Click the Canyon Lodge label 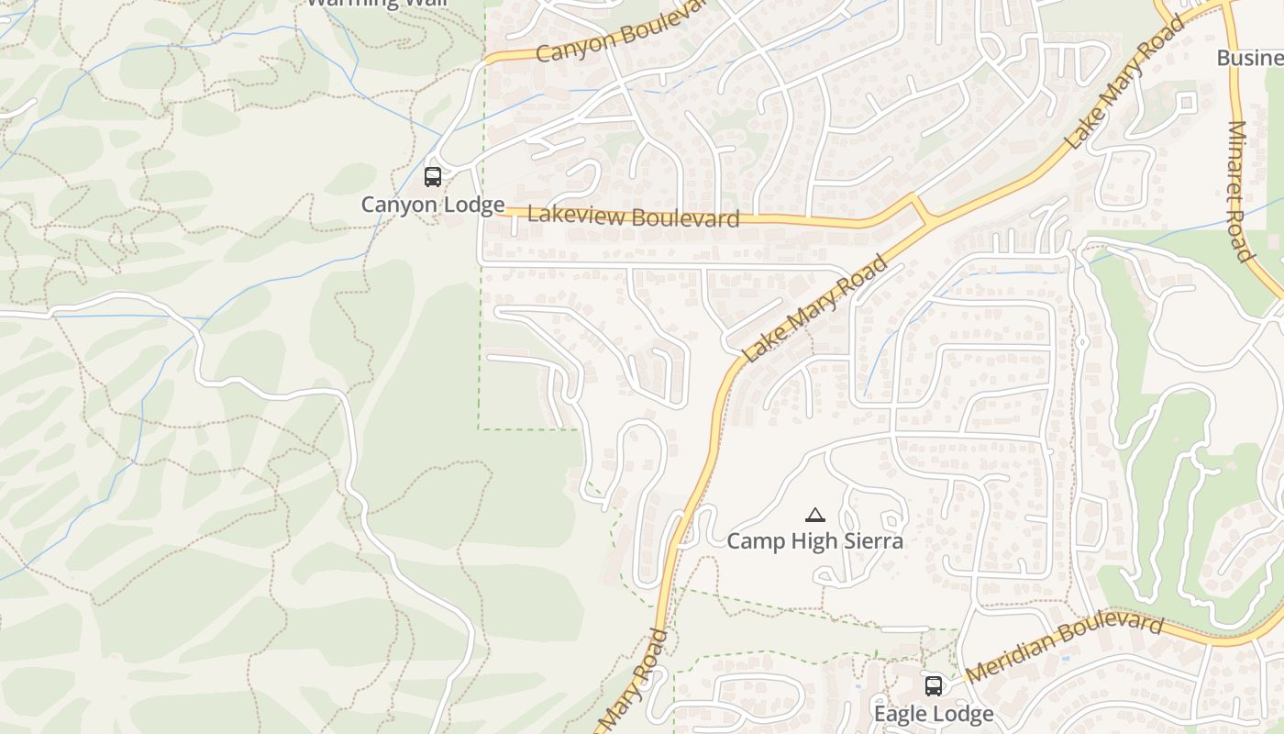click(x=432, y=205)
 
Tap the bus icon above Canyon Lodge click(x=433, y=177)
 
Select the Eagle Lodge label click(x=933, y=714)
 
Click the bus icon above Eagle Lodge click(x=933, y=685)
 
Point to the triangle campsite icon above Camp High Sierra click(x=814, y=516)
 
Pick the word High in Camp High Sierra click(x=809, y=541)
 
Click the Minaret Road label click(x=1239, y=191)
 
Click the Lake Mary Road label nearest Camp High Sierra click(x=816, y=308)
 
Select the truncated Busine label click(x=1249, y=59)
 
